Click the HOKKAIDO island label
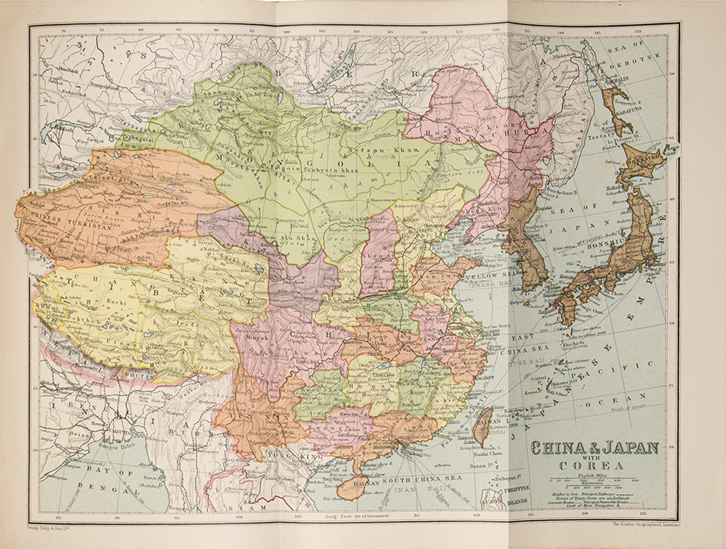[x=644, y=157]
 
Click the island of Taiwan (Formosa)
[x=481, y=426]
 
